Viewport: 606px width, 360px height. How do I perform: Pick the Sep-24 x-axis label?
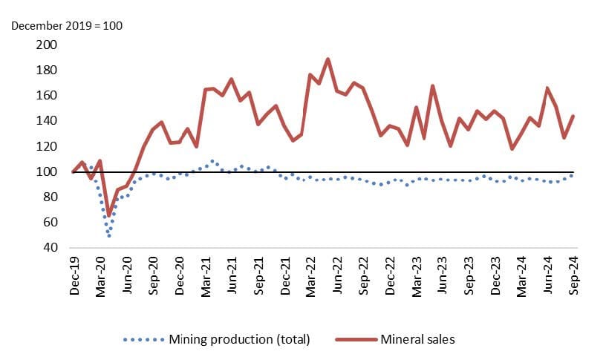tap(574, 277)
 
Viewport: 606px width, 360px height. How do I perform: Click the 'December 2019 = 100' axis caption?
tap(66, 26)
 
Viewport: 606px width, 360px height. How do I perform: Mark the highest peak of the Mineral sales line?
tap(328, 59)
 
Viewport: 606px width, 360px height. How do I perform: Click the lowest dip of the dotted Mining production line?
tap(109, 235)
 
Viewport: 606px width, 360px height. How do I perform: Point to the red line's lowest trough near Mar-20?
tap(109, 215)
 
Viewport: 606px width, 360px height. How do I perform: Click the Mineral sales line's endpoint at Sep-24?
tap(574, 116)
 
